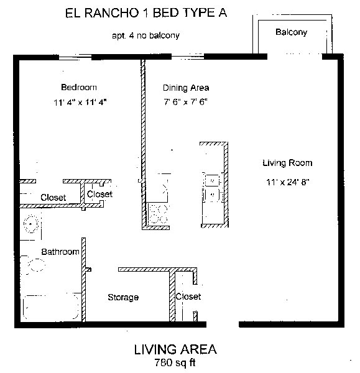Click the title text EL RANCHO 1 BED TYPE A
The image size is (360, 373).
pos(146,13)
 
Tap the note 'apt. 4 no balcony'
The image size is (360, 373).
pos(145,35)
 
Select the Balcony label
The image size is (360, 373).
pos(291,32)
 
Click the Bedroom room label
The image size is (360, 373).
pos(79,87)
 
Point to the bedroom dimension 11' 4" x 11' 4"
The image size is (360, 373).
pos(80,103)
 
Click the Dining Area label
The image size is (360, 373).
pos(186,88)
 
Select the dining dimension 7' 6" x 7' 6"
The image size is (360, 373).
pos(185,102)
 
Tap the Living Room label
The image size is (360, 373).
pos(287,163)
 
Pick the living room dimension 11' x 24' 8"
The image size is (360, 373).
pos(287,182)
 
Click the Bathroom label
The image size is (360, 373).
pos(60,252)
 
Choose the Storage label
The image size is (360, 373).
pos(123,297)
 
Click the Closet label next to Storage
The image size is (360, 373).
pos(188,297)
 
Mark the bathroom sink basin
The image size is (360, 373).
pos(31,224)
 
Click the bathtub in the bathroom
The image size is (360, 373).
pos(51,307)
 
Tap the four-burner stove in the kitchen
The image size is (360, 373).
pos(158,214)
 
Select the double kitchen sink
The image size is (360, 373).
pos(213,187)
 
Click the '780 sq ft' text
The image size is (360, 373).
pos(175,362)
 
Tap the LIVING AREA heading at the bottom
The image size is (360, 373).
pos(175,349)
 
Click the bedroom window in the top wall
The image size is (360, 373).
pos(75,57)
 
